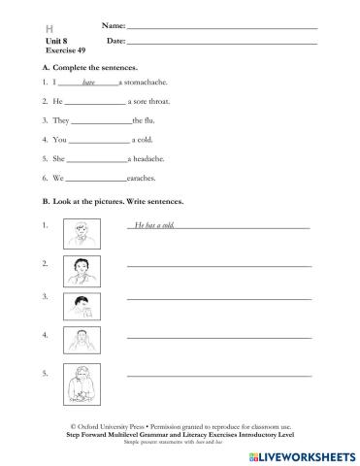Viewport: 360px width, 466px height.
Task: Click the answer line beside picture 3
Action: click(x=219, y=302)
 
